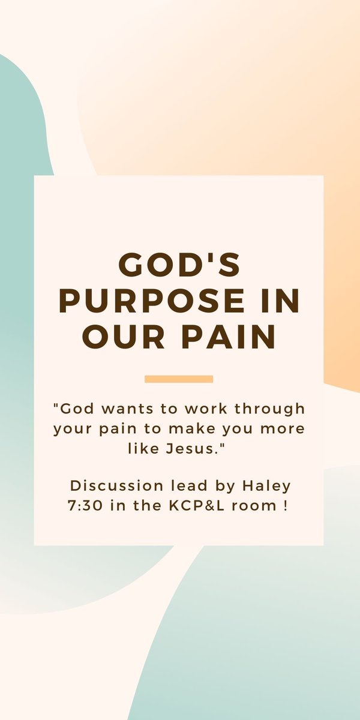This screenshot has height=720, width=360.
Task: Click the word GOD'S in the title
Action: [x=179, y=265]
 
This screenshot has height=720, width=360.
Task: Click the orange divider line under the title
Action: [x=179, y=379]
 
